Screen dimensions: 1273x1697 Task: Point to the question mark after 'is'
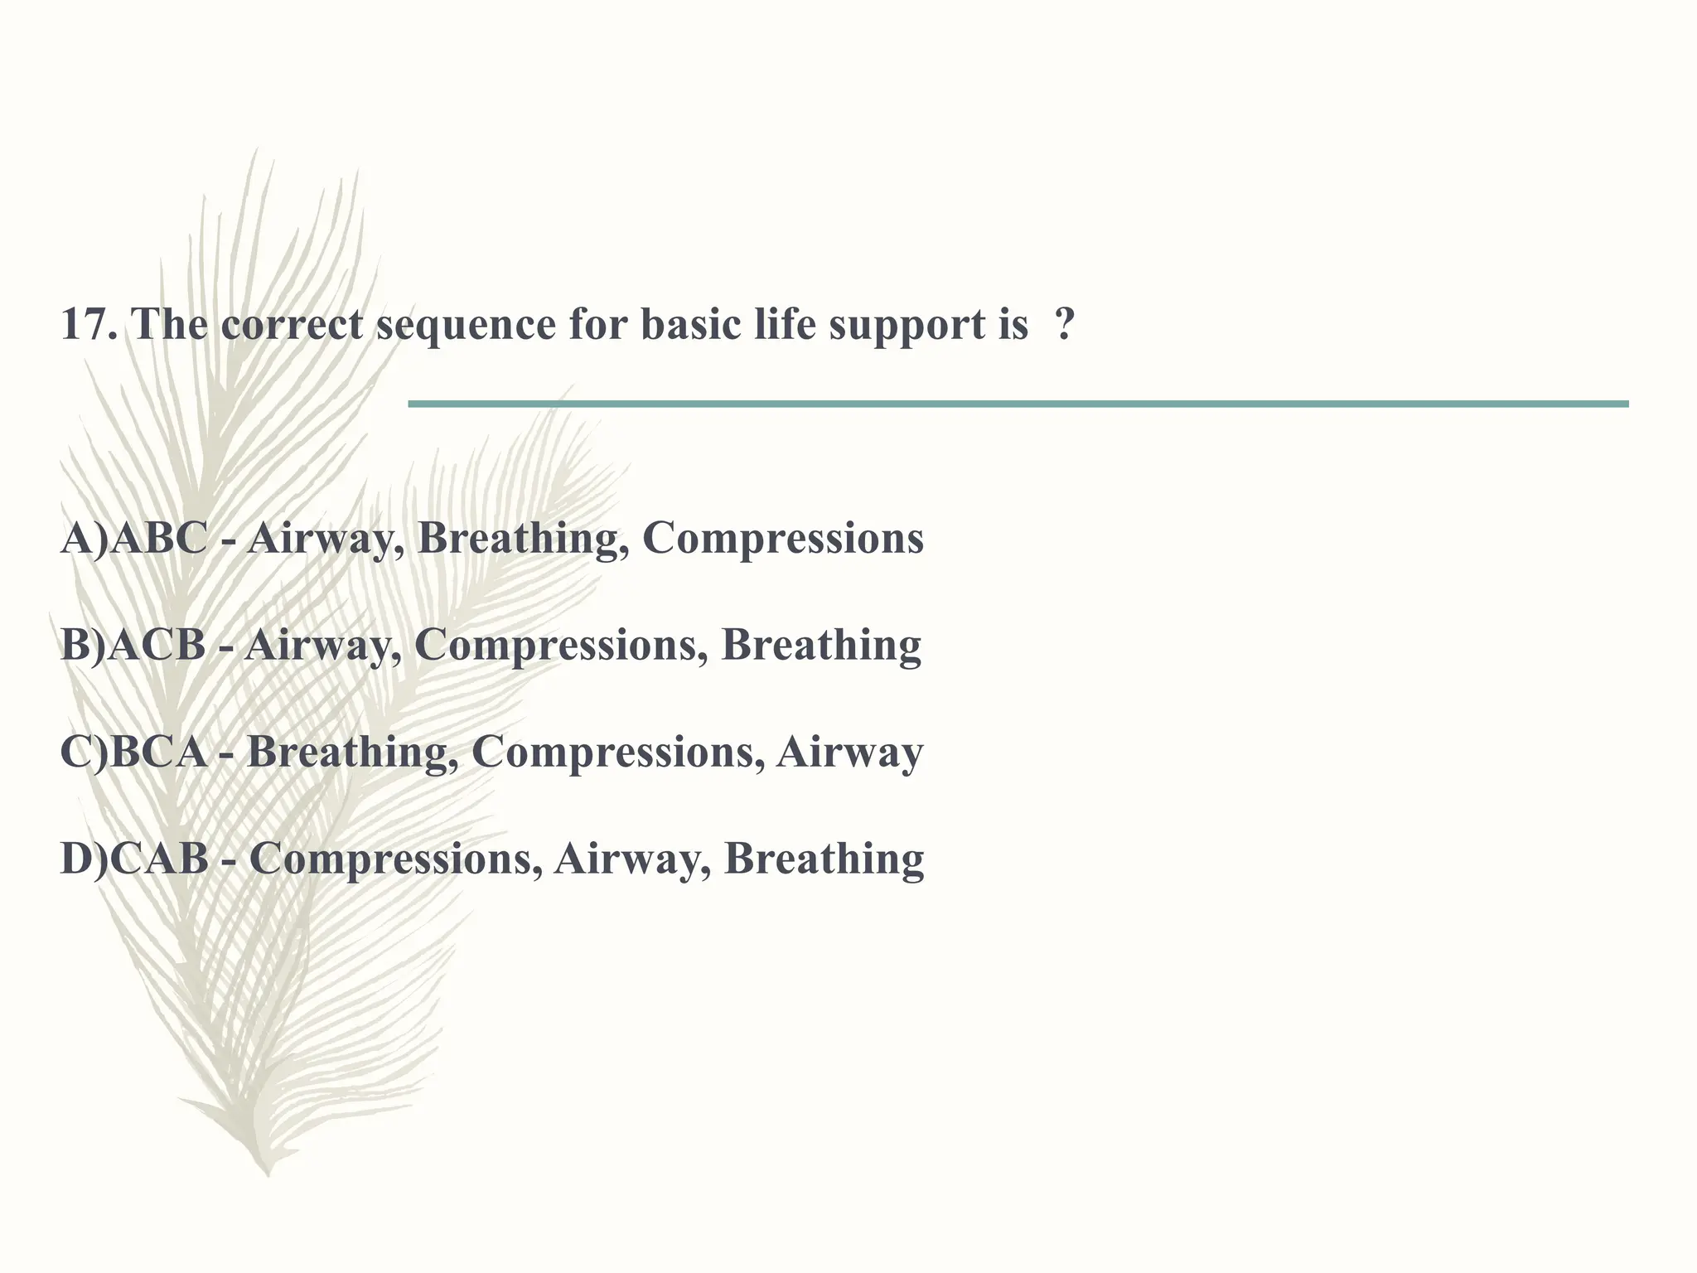(1065, 324)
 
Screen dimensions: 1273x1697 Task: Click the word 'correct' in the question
(292, 324)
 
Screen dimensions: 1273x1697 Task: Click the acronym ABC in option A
(158, 539)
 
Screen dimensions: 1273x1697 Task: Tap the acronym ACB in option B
(157, 646)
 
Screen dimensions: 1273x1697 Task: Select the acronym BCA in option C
(157, 753)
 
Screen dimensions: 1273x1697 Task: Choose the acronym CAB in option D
(159, 859)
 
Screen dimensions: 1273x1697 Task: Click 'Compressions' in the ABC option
(782, 539)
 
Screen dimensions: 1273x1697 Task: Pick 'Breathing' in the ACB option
(821, 646)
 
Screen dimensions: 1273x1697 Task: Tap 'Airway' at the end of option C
(849, 753)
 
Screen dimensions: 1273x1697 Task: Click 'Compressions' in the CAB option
(389, 859)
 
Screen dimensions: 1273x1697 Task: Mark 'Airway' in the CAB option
(633, 859)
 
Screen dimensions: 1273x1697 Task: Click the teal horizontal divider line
(1018, 404)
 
